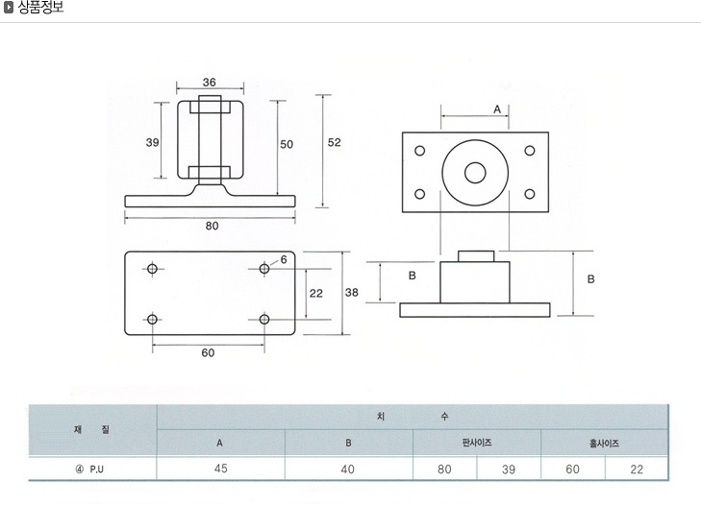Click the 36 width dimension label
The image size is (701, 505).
(210, 83)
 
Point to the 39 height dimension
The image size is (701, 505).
(153, 142)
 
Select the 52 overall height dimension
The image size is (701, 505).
(334, 142)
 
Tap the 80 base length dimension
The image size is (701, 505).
(212, 226)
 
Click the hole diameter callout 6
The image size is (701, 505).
(284, 259)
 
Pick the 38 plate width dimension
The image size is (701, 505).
(351, 293)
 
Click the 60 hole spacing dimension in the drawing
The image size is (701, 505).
(208, 352)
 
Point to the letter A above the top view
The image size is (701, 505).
(497, 109)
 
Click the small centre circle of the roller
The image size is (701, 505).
(475, 173)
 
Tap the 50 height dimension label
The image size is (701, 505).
(287, 144)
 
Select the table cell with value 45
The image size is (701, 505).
(221, 469)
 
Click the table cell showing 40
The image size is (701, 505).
(347, 469)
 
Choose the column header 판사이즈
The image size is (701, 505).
(477, 443)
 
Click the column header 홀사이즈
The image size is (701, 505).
(604, 444)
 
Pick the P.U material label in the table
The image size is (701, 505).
(96, 469)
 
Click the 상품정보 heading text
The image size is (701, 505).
(40, 7)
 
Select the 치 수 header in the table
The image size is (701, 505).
(413, 417)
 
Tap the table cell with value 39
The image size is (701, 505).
(509, 469)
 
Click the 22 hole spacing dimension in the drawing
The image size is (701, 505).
(316, 293)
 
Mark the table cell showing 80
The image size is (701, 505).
(444, 469)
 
